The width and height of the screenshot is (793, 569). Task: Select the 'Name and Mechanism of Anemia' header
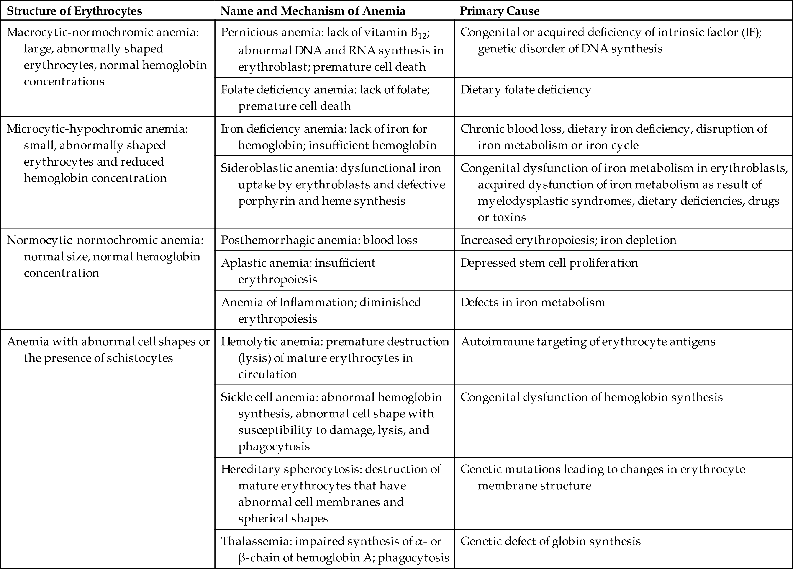click(x=313, y=11)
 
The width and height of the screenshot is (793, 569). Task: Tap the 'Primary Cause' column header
click(x=499, y=11)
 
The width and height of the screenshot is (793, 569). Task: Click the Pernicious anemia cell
click(x=332, y=49)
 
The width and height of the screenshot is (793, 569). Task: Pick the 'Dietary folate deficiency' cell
click(x=526, y=90)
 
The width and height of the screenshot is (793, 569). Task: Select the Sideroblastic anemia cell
click(x=332, y=184)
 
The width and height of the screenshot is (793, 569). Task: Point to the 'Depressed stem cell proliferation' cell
click(x=549, y=263)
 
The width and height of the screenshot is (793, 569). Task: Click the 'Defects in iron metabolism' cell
click(x=533, y=302)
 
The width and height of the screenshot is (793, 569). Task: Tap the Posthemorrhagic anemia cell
click(x=319, y=240)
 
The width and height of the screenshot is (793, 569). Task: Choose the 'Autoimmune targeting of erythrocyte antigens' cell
click(x=588, y=341)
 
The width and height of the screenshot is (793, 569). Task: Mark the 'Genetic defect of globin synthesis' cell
click(x=550, y=541)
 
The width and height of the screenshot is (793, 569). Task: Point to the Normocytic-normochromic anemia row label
click(x=105, y=256)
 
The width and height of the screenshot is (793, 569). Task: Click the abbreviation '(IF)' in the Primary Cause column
click(x=751, y=32)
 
